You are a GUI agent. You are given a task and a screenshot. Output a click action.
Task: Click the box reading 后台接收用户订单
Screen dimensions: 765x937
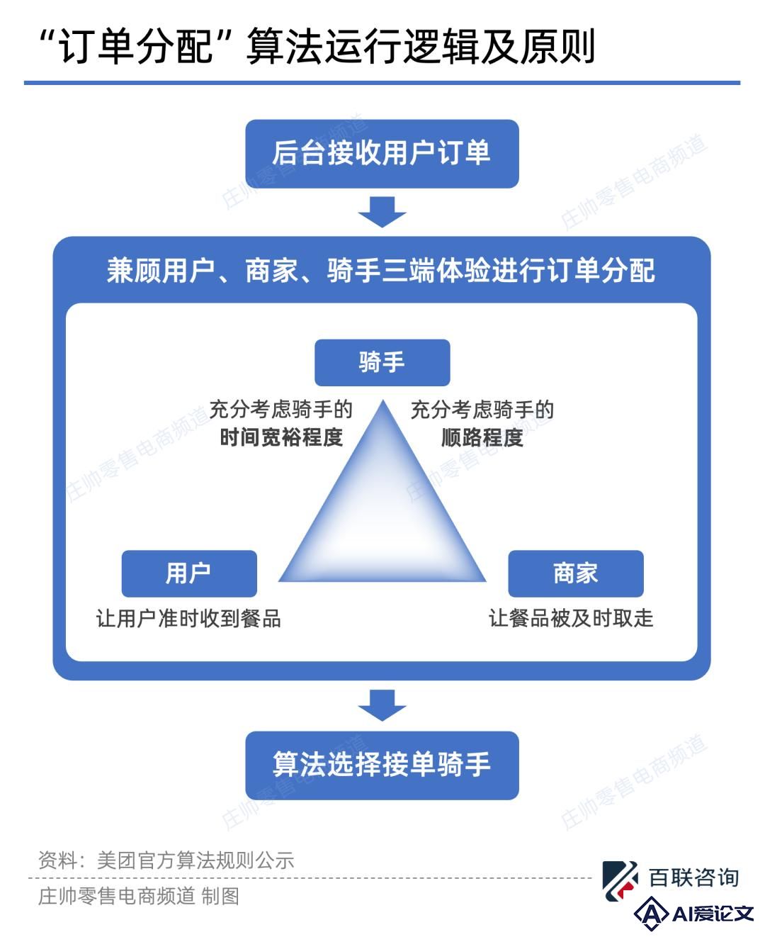tap(382, 153)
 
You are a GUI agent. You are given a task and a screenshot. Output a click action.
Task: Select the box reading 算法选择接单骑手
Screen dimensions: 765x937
tap(382, 765)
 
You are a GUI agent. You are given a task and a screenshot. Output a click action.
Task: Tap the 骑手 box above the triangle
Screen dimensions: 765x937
tap(382, 362)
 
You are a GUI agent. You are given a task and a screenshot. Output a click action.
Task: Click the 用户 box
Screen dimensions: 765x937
tap(189, 573)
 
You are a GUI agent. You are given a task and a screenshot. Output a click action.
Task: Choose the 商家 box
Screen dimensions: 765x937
tap(576, 573)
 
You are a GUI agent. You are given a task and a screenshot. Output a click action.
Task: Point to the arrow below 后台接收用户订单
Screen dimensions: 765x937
tap(382, 212)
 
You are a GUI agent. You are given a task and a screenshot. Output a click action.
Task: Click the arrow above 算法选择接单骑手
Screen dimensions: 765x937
tap(382, 705)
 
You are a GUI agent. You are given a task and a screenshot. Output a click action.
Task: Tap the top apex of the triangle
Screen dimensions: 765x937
tap(383, 400)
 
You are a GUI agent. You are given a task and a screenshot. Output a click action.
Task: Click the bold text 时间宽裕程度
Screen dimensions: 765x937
tap(281, 437)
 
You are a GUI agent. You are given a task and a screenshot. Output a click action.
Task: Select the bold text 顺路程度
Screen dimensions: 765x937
tap(482, 437)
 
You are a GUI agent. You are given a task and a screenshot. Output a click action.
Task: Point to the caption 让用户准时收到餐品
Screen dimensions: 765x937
tap(188, 618)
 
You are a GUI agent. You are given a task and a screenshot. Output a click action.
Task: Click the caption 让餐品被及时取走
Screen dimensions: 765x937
tap(571, 618)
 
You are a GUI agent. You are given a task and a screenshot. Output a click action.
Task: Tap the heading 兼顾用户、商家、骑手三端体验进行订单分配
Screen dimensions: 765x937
tap(381, 270)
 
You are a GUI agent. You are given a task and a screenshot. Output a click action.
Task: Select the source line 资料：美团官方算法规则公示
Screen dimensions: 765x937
tap(166, 860)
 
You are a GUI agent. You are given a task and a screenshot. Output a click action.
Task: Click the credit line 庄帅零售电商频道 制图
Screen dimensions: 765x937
tap(139, 896)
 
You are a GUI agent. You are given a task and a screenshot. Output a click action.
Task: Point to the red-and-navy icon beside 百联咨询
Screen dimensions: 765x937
tap(620, 880)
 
